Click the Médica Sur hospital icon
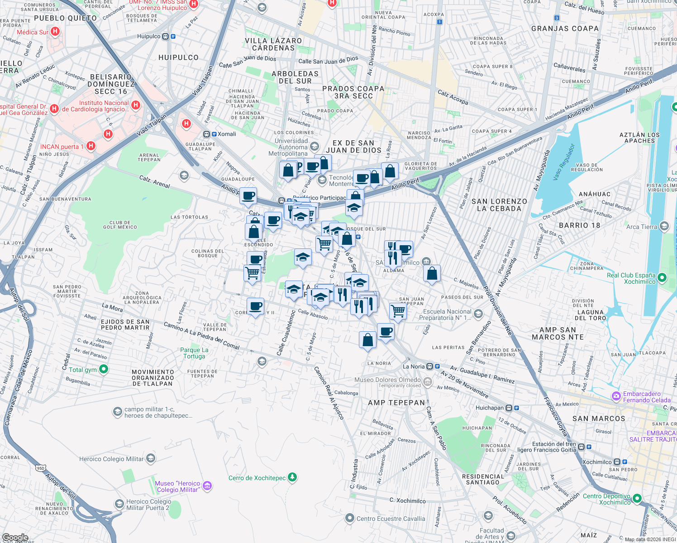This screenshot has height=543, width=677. (55, 32)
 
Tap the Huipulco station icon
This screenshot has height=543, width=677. (166, 37)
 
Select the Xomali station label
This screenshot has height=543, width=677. (226, 134)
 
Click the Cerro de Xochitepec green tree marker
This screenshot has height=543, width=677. (293, 477)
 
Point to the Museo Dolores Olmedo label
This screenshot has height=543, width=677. (387, 380)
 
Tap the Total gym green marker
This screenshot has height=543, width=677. (104, 369)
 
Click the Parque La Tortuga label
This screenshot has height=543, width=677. (194, 353)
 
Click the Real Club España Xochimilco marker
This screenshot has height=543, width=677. (663, 277)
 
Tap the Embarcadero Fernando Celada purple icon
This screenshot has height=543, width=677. (616, 396)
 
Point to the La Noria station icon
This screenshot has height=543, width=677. (430, 367)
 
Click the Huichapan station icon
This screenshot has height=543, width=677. (509, 408)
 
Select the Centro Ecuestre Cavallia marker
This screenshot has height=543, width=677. (349, 518)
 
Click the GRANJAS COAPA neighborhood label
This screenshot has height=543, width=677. (565, 29)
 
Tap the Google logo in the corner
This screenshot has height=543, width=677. (15, 537)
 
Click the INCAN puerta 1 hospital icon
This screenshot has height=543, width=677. (91, 146)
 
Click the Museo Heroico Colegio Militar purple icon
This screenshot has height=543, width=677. (207, 486)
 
